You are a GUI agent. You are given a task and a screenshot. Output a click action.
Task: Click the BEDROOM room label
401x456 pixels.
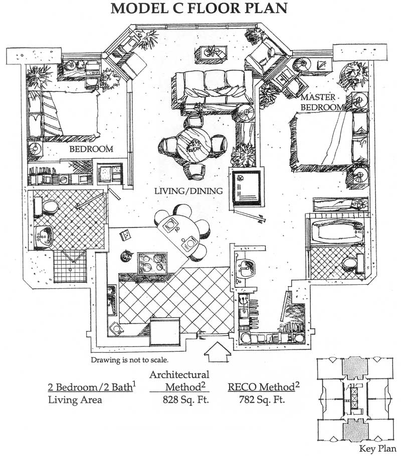click(x=91, y=149)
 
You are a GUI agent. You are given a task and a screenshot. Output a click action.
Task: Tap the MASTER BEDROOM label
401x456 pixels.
click(x=321, y=102)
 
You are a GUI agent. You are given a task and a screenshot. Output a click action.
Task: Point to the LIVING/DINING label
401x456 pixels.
click(x=188, y=191)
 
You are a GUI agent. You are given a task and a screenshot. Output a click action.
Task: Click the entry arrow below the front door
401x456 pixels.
click(x=218, y=352)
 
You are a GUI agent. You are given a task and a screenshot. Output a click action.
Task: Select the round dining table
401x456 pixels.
click(x=192, y=146)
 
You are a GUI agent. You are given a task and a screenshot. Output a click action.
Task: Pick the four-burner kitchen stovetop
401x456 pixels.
click(x=153, y=263)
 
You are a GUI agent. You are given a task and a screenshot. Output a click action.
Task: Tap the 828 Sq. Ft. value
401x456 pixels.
click(x=186, y=400)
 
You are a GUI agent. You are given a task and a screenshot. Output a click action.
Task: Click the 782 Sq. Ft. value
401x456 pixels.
click(x=262, y=400)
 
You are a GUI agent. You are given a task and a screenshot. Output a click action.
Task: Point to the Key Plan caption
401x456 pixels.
click(x=377, y=448)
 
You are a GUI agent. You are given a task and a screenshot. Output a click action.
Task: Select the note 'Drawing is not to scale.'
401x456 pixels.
click(x=129, y=360)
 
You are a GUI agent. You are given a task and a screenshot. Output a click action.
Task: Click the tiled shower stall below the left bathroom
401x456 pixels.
click(x=70, y=266)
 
